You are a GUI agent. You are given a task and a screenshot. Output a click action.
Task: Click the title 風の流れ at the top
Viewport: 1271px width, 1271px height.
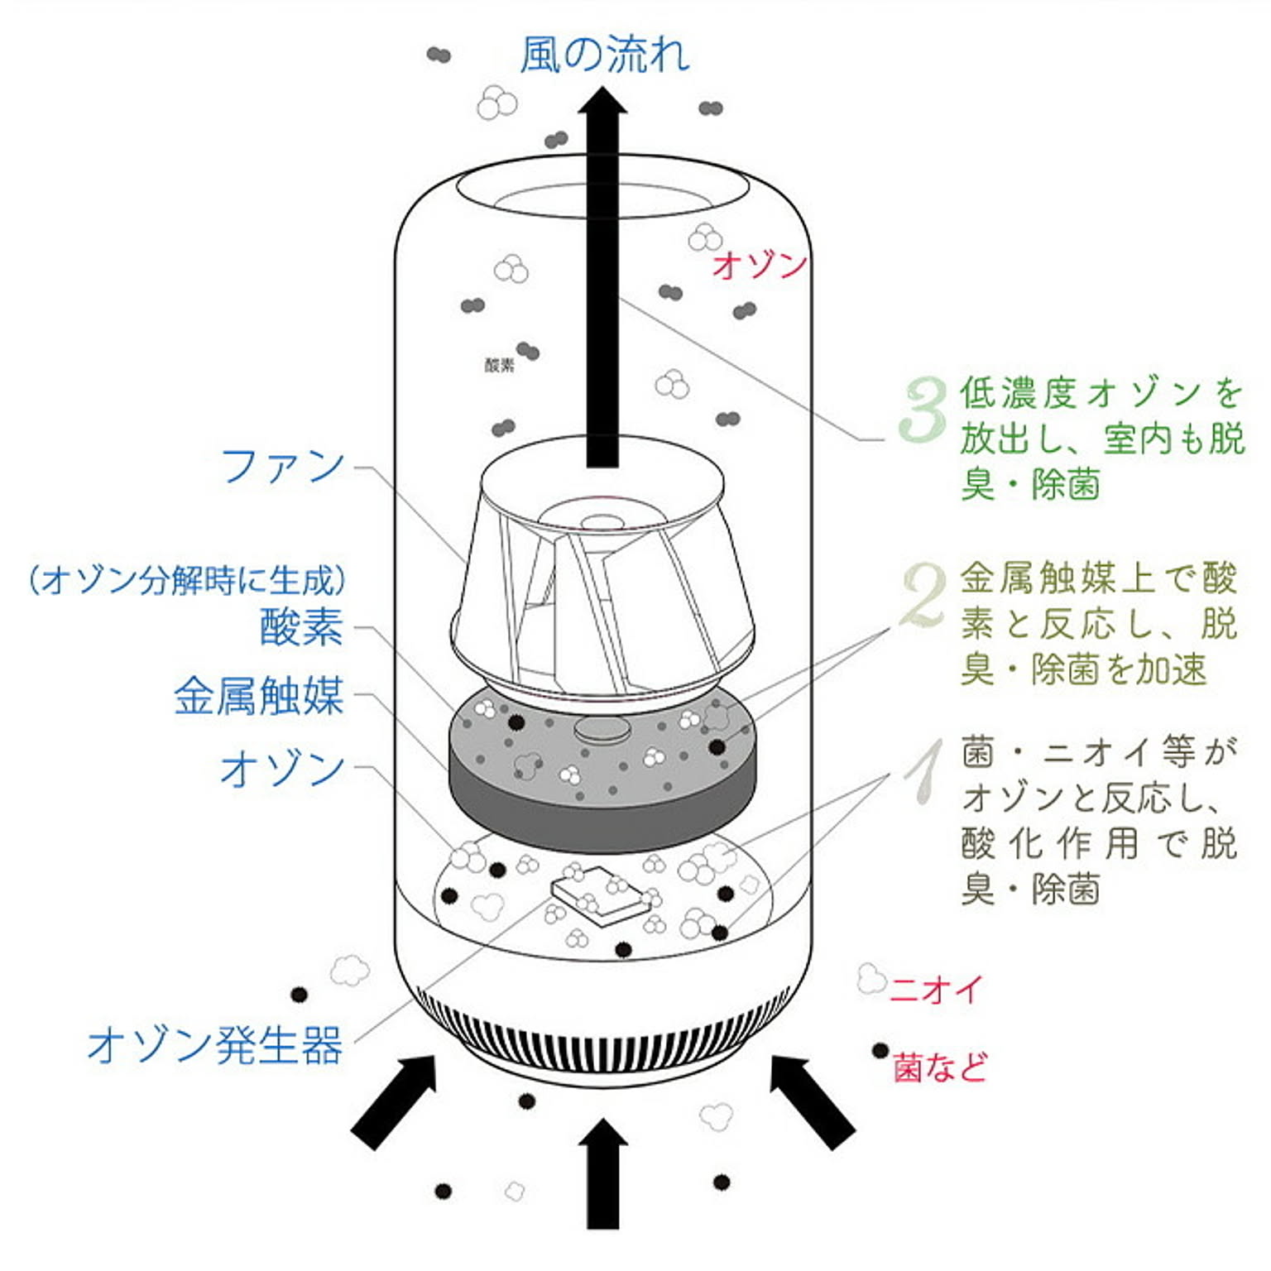604,55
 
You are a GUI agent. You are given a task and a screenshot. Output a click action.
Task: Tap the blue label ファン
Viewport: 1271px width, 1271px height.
282,466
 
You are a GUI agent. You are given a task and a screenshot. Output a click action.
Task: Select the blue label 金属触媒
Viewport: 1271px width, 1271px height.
258,696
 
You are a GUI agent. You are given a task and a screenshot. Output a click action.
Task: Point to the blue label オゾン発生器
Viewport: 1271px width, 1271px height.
214,1045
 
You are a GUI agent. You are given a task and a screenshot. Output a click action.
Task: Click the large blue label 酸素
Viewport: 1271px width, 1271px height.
301,626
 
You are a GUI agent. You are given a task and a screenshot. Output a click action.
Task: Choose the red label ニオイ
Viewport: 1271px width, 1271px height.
937,989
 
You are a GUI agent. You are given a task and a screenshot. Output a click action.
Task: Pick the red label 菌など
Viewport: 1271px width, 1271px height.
940,1067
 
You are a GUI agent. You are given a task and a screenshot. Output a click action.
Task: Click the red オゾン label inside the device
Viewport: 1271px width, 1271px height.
759,265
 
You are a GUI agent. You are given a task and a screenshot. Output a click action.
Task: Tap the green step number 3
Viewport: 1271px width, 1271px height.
923,409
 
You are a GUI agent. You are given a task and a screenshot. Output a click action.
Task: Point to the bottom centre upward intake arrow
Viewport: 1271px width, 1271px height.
602,1175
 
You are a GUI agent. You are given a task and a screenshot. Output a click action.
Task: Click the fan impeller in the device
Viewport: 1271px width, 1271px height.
602,579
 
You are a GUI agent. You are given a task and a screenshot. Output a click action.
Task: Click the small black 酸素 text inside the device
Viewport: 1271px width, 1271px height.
499,365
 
